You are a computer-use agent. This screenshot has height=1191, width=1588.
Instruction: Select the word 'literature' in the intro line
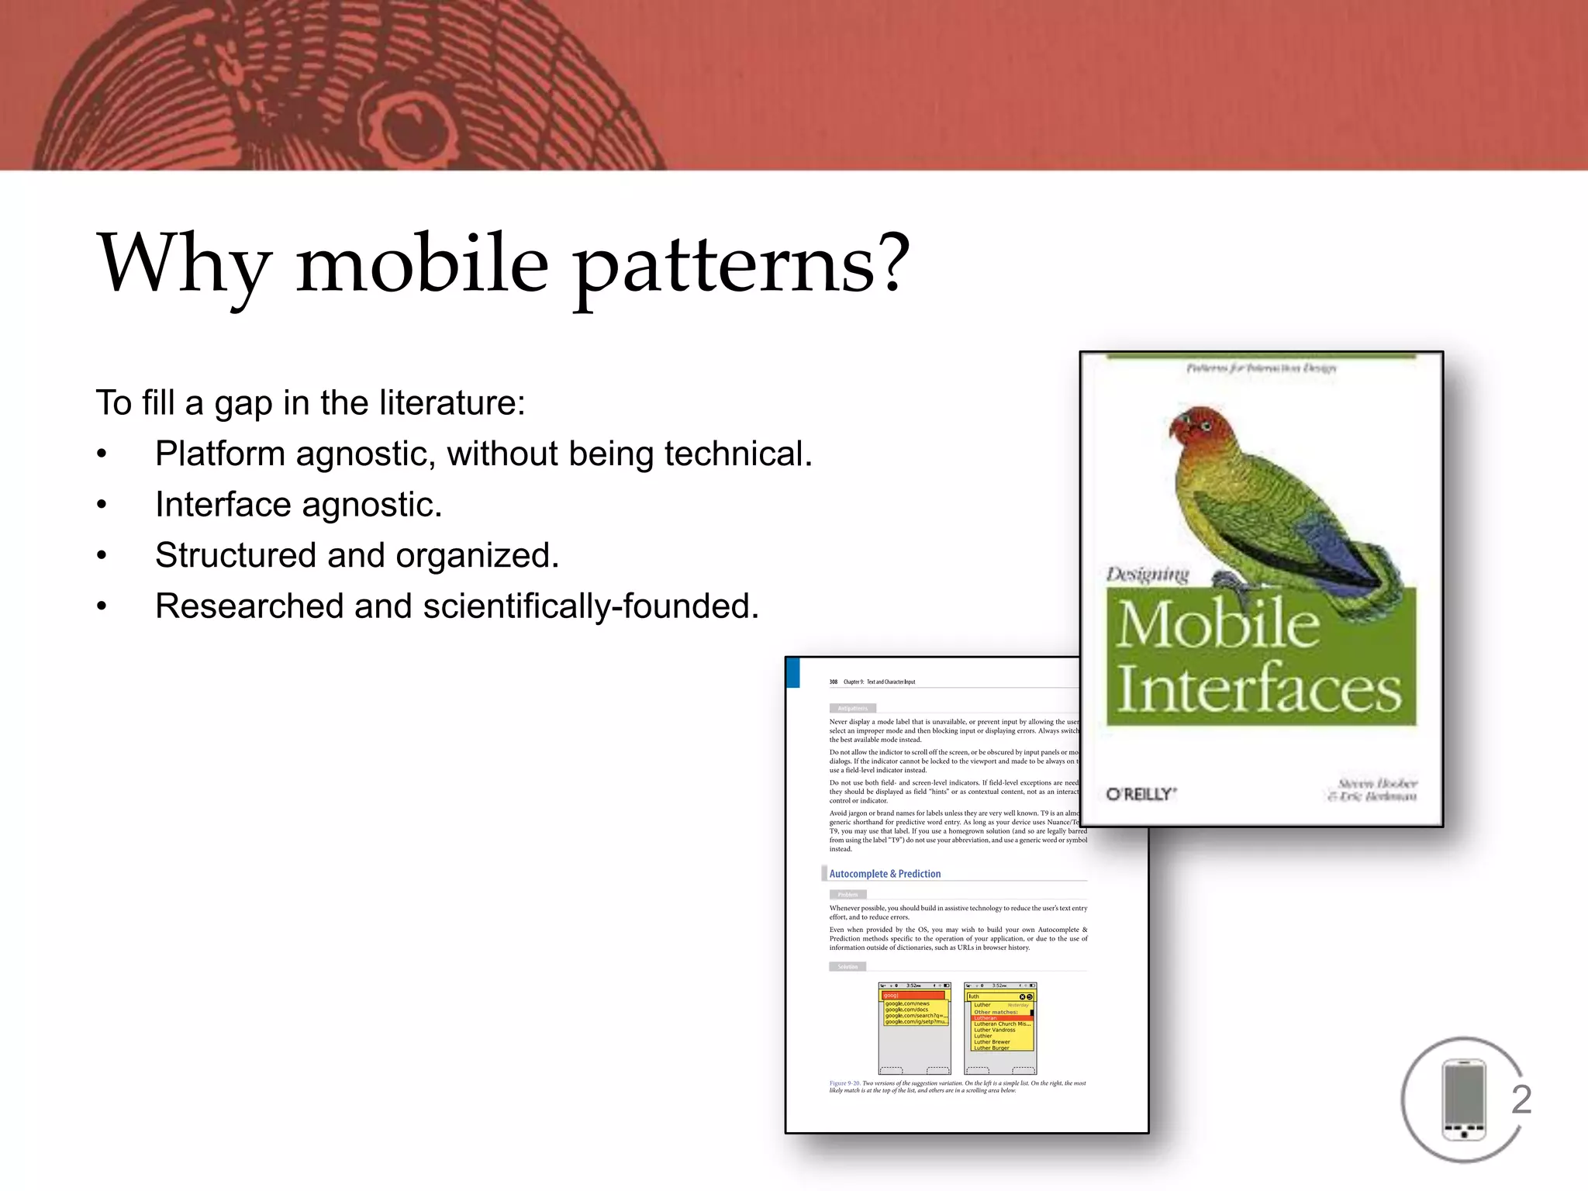point(447,403)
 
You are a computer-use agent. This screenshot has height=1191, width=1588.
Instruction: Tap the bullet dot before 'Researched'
point(102,607)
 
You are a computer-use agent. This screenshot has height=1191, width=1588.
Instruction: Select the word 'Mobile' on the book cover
point(1217,625)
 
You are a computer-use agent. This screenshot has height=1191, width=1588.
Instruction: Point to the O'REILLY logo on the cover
point(1141,794)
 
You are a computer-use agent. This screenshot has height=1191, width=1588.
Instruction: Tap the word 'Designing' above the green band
point(1147,575)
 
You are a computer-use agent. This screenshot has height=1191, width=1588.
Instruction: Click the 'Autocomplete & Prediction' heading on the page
point(885,874)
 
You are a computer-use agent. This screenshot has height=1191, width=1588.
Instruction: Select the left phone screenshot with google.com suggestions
point(914,1028)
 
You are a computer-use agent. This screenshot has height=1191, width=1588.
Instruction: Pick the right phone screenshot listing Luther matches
point(999,1028)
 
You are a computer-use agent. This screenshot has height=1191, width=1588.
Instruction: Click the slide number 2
point(1521,1100)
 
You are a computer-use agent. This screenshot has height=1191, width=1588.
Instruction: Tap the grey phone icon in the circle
point(1463,1100)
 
